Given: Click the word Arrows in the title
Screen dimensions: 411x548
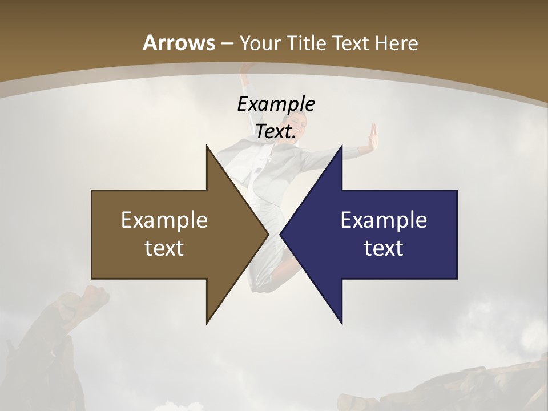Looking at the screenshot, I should click(179, 43).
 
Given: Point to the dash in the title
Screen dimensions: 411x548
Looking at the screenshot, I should click(227, 44).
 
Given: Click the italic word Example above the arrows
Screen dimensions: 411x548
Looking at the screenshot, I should click(276, 104).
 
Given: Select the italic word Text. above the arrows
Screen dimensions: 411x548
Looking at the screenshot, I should click(276, 132).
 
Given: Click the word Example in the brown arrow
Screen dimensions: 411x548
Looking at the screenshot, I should click(164, 220).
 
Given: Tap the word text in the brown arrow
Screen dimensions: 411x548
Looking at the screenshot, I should click(164, 248).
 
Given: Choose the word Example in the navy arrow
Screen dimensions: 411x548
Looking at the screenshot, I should click(384, 220).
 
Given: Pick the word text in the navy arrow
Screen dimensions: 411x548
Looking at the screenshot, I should click(384, 248).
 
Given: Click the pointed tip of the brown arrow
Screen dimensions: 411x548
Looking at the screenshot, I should click(267, 234).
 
